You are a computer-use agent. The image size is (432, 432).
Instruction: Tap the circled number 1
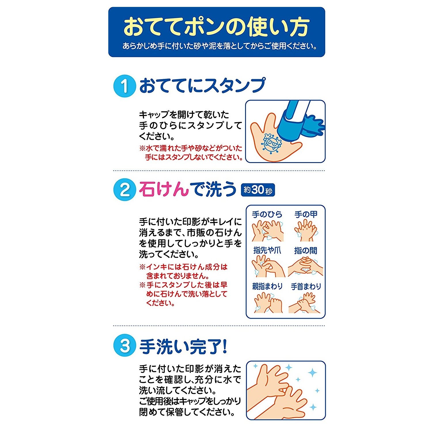click(125, 86)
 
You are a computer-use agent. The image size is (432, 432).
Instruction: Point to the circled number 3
click(125, 346)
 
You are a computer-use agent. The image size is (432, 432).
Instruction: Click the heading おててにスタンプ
click(202, 86)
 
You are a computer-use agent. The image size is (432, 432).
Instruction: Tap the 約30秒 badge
click(258, 190)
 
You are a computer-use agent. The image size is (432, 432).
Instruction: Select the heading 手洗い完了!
click(183, 346)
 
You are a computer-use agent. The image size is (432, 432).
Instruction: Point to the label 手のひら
click(267, 215)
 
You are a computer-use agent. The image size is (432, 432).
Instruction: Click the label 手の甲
click(306, 215)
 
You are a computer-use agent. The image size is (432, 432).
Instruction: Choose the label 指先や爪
click(267, 250)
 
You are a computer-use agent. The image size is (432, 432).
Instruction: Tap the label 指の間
click(306, 251)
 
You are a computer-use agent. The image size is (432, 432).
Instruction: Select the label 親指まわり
click(267, 286)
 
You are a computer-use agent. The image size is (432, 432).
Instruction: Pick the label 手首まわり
click(306, 287)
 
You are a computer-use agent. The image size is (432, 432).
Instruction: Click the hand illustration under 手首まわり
click(305, 302)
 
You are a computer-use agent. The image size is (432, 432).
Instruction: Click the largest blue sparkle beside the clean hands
click(312, 373)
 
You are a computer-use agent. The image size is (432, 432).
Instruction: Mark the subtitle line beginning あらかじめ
click(220, 46)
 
